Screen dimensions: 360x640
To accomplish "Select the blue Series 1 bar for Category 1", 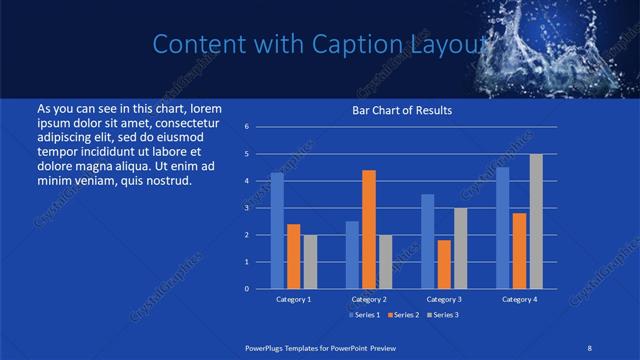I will pyautogui.click(x=277, y=231).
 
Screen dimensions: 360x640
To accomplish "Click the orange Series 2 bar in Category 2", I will pyautogui.click(x=368, y=229).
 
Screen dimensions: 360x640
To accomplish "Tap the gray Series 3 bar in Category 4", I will pyautogui.click(x=536, y=221).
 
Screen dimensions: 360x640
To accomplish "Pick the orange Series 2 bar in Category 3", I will pyautogui.click(x=443, y=264).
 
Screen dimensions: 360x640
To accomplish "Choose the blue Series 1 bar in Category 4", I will pyautogui.click(x=503, y=228).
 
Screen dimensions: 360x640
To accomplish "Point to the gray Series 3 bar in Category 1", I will pyautogui.click(x=310, y=261).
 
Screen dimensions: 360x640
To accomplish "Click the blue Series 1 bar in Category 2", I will pyautogui.click(x=352, y=255).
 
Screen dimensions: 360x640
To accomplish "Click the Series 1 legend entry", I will pyautogui.click(x=364, y=315).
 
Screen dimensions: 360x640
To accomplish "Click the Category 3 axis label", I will pyautogui.click(x=443, y=299).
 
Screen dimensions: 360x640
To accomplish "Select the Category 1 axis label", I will pyautogui.click(x=293, y=299).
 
